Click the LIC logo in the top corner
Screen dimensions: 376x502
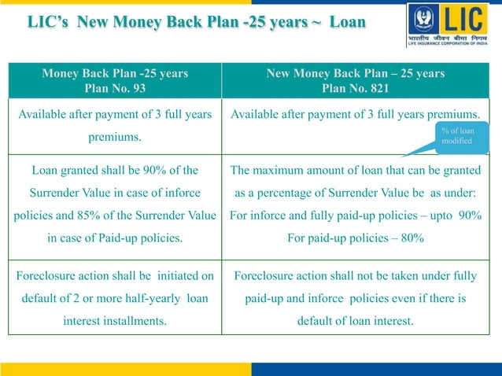coord(452,25)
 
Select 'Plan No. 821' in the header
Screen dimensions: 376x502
coord(356,88)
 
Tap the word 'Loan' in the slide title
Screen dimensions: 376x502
coord(347,21)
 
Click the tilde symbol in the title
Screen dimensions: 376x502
coord(316,21)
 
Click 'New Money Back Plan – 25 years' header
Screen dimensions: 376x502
coord(356,73)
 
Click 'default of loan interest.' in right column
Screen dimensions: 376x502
coord(356,321)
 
